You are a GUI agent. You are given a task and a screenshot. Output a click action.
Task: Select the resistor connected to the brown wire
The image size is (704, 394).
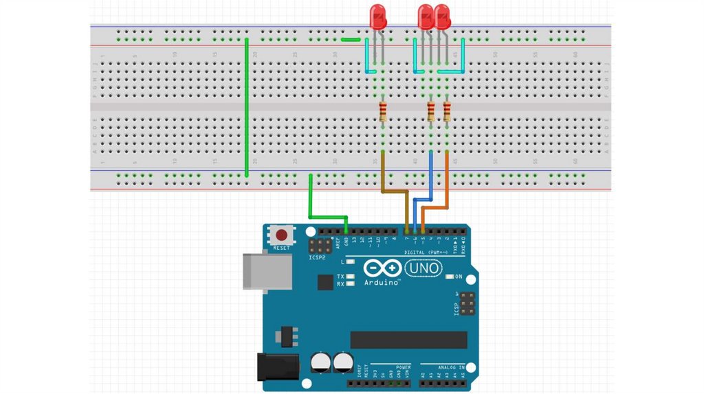click(x=383, y=111)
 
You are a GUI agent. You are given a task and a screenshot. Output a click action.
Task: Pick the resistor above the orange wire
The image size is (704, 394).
click(x=448, y=111)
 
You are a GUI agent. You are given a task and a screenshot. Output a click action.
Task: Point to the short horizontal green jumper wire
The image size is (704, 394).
click(x=351, y=39)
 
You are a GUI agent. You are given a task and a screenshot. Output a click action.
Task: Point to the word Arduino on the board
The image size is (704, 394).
click(x=382, y=283)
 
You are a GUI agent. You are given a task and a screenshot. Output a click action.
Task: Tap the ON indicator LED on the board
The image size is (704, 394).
click(x=450, y=277)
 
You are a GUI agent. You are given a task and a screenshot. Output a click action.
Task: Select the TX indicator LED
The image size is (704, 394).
click(x=351, y=276)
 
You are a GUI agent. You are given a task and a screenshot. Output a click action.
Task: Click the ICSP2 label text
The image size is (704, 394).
click(x=317, y=258)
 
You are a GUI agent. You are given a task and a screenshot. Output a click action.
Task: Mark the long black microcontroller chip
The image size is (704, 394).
click(x=408, y=339)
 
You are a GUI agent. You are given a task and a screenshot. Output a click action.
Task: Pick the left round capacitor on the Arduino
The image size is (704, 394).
click(x=320, y=362)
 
